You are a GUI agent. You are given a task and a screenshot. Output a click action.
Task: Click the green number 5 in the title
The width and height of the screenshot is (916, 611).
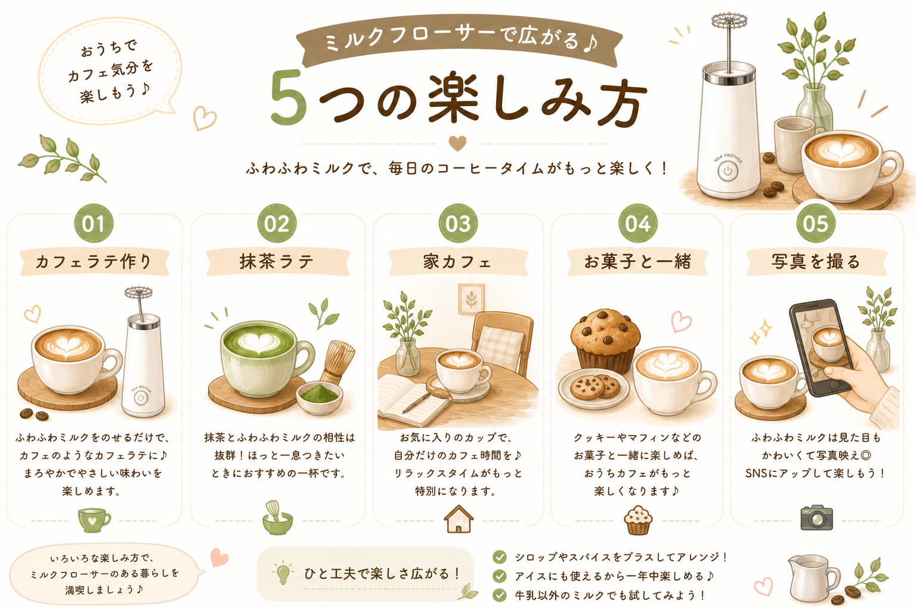click(289, 98)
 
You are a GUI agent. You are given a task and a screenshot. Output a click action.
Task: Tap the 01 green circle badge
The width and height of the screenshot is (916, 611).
click(94, 223)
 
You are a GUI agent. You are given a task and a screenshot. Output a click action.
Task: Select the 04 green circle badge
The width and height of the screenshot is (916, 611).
click(638, 223)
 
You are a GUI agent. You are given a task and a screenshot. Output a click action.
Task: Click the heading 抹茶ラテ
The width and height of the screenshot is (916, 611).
click(277, 262)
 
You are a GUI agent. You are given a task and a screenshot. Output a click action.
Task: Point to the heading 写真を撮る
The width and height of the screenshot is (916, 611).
click(816, 261)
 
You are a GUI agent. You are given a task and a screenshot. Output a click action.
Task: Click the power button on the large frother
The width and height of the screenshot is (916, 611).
click(728, 171)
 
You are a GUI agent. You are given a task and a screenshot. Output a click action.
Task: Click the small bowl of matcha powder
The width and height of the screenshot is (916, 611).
click(320, 397)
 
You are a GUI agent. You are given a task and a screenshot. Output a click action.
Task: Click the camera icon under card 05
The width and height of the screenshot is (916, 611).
click(816, 517)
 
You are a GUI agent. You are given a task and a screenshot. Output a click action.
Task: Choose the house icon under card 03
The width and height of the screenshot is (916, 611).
click(459, 519)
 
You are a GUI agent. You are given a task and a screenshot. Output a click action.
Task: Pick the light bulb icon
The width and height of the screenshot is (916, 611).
click(283, 572)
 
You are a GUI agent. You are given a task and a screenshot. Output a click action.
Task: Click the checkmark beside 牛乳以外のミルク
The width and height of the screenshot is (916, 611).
click(499, 595)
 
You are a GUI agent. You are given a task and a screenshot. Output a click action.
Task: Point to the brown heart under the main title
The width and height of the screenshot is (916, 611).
click(457, 143)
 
